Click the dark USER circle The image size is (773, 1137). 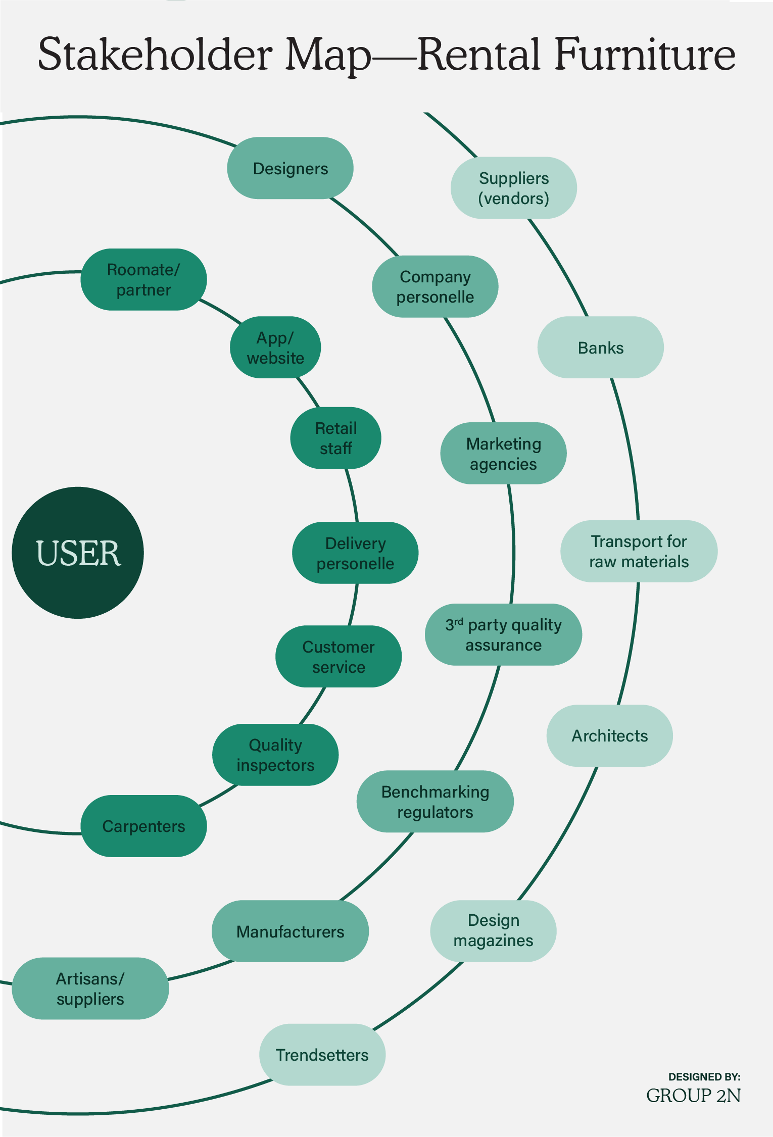(x=78, y=553)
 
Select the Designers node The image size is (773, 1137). (x=290, y=168)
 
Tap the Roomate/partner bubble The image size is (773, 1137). (x=143, y=279)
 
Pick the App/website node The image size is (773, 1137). (x=275, y=348)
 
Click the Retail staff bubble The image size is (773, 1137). (x=335, y=438)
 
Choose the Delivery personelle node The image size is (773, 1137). (x=355, y=553)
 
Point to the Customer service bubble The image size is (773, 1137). (x=339, y=656)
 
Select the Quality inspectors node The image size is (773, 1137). (x=275, y=755)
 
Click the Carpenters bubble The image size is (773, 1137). (x=143, y=826)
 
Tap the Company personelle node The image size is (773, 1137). (x=435, y=286)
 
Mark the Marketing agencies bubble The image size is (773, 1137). (x=503, y=453)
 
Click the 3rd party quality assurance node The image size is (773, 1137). (x=503, y=634)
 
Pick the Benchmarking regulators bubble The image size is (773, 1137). (x=435, y=801)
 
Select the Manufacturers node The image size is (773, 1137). (x=290, y=931)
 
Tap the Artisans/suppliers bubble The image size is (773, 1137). (x=90, y=988)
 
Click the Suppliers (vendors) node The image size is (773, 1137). (x=513, y=188)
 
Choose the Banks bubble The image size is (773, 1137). (x=600, y=348)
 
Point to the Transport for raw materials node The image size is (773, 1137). (x=639, y=551)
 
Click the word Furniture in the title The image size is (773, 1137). (x=645, y=55)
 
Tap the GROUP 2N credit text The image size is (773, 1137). (x=693, y=1096)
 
